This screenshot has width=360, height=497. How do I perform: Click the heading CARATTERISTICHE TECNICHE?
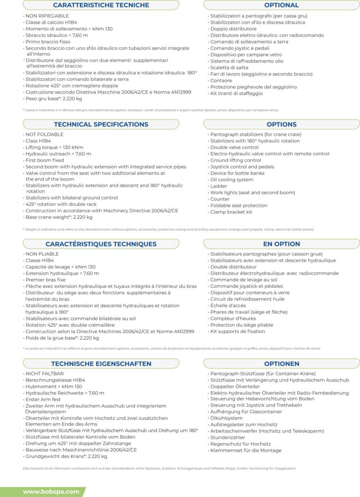(101, 5)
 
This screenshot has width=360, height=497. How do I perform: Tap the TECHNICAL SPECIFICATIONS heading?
(101, 124)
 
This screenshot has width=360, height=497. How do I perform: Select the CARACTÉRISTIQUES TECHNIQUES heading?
(101, 244)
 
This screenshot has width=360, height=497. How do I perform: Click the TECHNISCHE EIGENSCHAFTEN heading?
(101, 364)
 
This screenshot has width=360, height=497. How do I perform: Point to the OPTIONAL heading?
(281, 5)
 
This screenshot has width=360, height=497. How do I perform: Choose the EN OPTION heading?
(281, 244)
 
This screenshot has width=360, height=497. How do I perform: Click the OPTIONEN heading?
(281, 364)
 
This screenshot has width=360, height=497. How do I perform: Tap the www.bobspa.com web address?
(51, 492)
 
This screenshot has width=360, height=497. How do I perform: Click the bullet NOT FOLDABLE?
(44, 134)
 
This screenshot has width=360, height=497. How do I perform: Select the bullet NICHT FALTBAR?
(44, 374)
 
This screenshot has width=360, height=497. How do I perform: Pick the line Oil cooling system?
(232, 180)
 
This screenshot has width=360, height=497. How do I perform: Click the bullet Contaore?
(222, 81)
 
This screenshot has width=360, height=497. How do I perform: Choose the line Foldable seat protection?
(239, 206)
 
